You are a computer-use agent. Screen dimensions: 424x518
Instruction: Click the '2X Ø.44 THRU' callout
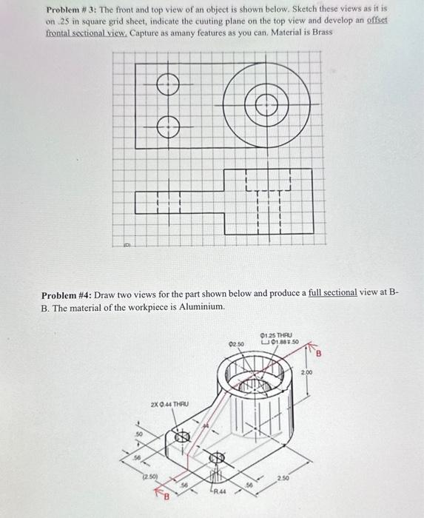[x=170, y=404]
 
